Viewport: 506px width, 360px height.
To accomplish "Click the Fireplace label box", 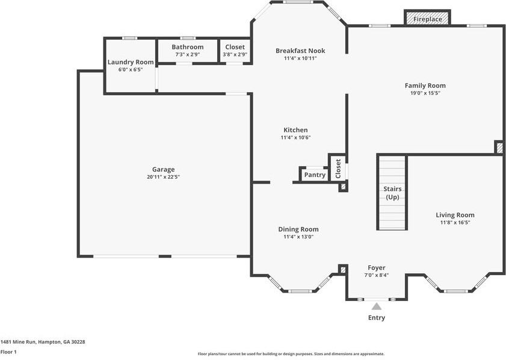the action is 427,18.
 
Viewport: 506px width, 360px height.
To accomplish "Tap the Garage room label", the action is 163,169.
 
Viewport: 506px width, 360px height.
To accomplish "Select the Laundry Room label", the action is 131,62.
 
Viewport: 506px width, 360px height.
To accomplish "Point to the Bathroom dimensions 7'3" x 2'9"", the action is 188,55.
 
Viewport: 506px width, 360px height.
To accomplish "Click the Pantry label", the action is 315,175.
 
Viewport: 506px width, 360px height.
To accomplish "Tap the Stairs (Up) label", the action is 392,193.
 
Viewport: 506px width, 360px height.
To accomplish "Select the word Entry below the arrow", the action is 377,318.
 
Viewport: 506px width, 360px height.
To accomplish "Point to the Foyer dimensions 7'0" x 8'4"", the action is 377,275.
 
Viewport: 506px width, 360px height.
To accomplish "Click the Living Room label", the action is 455,215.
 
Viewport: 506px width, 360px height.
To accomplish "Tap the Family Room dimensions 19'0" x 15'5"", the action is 425,93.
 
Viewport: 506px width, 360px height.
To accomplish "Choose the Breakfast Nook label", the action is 300,51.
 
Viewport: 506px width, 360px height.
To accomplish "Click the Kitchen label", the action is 295,130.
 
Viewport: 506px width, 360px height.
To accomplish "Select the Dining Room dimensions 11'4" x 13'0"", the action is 298,237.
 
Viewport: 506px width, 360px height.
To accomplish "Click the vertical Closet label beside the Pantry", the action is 338,169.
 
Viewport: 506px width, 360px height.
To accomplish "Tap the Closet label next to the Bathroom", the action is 235,47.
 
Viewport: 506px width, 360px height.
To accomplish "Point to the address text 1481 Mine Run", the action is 19,341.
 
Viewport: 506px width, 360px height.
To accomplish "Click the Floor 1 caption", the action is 8,352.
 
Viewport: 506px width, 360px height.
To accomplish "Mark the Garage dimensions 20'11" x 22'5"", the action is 163,177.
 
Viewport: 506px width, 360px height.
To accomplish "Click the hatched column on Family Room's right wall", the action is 499,147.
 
